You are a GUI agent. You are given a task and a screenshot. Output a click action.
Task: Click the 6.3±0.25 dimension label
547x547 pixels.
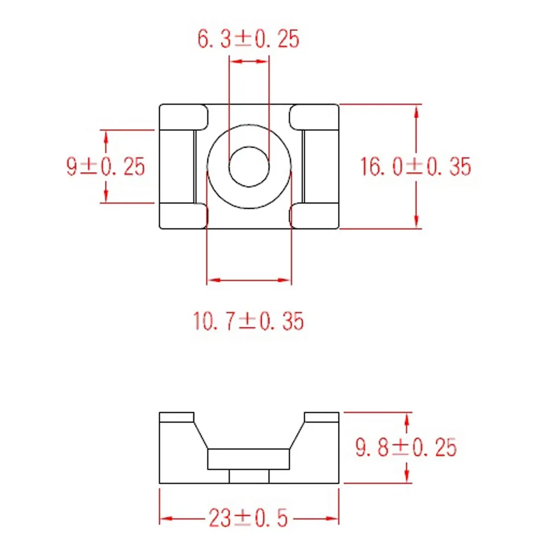tap(248, 39)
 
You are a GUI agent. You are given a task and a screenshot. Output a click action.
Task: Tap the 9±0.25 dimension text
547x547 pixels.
tap(106, 166)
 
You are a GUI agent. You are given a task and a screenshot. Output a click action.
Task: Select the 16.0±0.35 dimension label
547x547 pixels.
tap(415, 166)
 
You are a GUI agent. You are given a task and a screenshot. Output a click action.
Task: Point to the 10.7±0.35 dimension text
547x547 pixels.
tap(248, 321)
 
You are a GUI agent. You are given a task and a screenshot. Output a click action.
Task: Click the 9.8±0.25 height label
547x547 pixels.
tap(406, 447)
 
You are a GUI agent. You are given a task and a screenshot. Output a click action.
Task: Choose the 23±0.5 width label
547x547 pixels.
tap(248, 518)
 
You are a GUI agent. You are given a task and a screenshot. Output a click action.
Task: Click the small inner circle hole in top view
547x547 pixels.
tap(249, 167)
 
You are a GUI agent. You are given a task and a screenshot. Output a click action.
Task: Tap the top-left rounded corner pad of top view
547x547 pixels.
tap(183, 117)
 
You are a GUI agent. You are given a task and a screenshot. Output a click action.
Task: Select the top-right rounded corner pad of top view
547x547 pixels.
tap(314, 117)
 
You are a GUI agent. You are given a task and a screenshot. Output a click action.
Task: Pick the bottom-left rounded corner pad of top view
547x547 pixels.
tap(183, 216)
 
